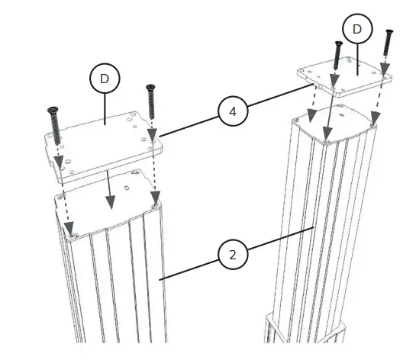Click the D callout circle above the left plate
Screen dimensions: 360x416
(105, 78)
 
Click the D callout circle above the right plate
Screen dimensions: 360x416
(356, 30)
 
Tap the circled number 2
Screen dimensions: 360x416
(234, 255)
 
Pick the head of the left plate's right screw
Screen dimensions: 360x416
(150, 88)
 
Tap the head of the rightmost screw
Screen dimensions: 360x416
(389, 32)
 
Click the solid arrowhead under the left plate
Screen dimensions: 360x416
(111, 202)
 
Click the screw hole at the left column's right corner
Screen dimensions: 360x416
(156, 205)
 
